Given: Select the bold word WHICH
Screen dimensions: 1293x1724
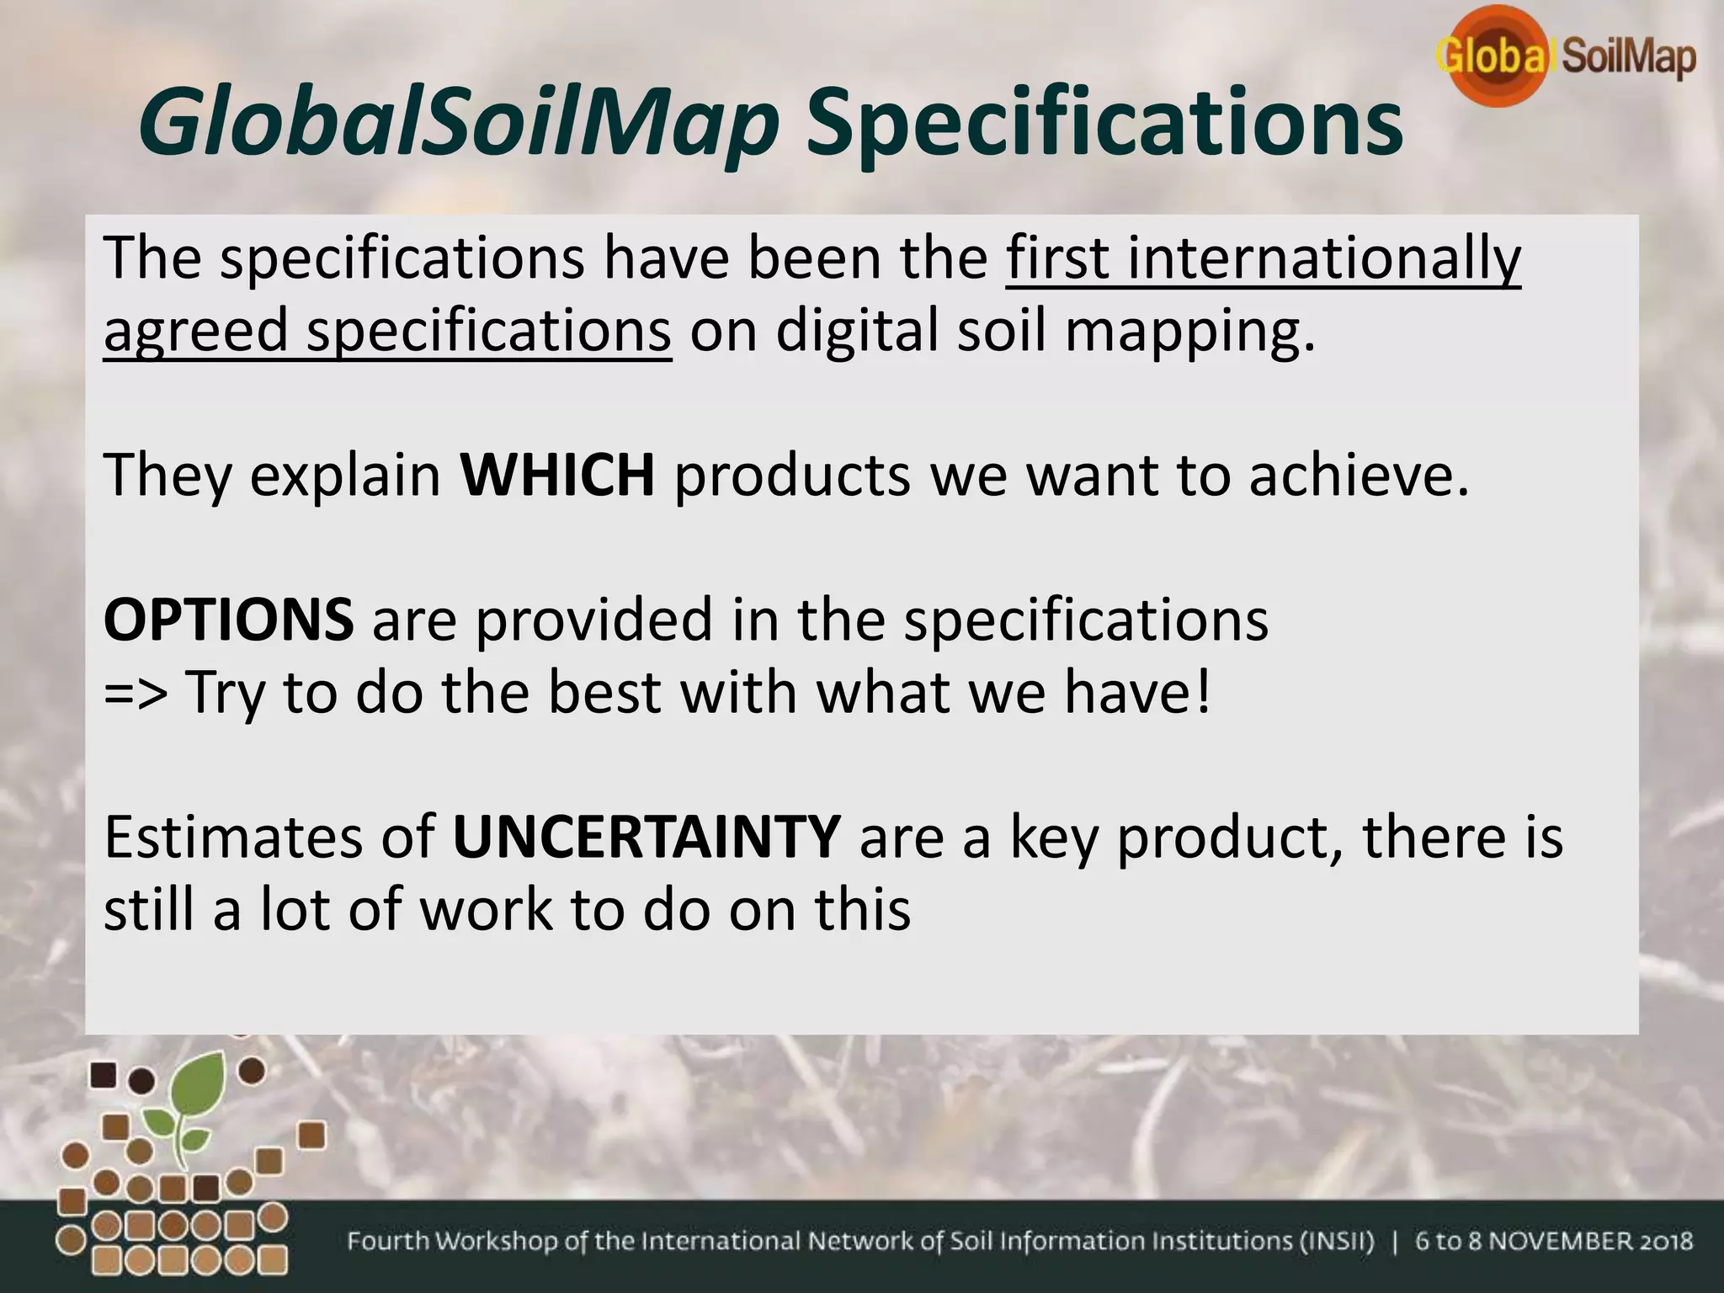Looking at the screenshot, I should click(557, 475).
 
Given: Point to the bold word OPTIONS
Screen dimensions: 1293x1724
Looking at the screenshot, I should click(228, 619).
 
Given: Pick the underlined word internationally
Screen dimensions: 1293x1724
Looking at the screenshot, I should click(1324, 258).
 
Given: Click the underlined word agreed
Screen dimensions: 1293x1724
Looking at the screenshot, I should click(195, 331).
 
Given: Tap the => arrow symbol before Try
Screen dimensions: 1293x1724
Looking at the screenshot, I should click(135, 692).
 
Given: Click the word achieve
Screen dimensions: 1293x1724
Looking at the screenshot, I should click(1359, 475).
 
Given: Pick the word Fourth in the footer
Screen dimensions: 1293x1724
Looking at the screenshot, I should click(390, 1242).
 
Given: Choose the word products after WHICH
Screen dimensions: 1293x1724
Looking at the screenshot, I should click(792, 475).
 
